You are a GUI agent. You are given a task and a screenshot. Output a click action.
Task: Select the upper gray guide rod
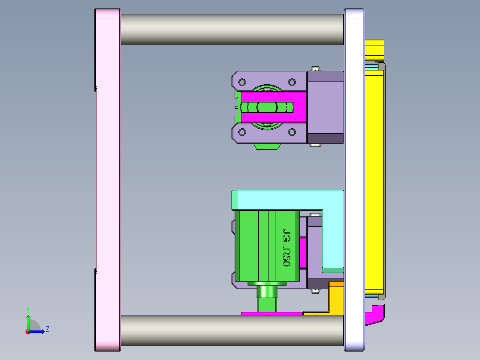(232, 29)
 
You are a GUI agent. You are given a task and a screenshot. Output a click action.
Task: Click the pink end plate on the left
(107, 178)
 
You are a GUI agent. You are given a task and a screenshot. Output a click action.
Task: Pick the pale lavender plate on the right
(354, 178)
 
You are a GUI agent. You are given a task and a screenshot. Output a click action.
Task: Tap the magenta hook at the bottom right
(375, 315)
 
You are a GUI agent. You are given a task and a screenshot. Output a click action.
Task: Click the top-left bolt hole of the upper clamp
(242, 82)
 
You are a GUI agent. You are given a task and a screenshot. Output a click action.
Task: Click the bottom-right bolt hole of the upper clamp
(292, 132)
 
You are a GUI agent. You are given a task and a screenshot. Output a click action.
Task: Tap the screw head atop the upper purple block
(316, 68)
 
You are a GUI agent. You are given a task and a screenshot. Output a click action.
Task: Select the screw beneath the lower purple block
(316, 291)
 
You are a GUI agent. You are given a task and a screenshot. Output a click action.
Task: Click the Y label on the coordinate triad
(28, 309)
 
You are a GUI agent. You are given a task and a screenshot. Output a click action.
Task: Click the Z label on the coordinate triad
(47, 329)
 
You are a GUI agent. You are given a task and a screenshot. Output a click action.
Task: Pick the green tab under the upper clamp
(267, 146)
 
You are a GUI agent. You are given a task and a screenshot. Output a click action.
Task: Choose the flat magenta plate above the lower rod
(272, 314)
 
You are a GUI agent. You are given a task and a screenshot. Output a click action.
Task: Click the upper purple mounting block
(325, 107)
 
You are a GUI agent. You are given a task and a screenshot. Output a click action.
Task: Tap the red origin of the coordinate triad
(28, 331)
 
